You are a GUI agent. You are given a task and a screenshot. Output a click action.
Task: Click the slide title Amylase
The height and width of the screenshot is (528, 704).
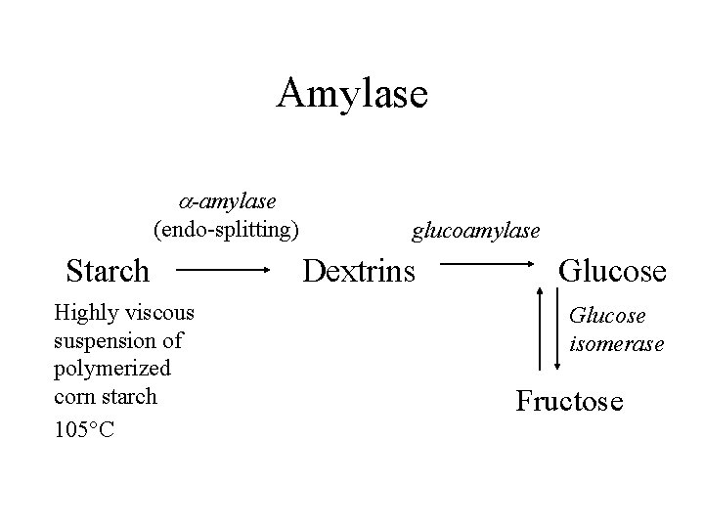click(352, 94)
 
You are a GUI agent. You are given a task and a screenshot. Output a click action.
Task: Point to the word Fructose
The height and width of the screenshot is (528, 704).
click(569, 400)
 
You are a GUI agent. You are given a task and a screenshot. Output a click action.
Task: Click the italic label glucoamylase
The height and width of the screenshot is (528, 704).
click(475, 231)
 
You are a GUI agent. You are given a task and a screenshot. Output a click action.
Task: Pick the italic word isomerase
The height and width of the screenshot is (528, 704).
click(617, 343)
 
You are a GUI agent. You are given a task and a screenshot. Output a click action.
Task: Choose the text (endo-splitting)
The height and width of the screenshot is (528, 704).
click(226, 230)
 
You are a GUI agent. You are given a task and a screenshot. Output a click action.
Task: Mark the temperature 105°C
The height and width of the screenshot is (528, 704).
click(84, 430)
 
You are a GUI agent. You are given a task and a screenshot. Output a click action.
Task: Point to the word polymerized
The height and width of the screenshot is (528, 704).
click(112, 369)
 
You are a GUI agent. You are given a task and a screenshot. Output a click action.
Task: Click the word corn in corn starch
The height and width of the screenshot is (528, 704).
click(74, 397)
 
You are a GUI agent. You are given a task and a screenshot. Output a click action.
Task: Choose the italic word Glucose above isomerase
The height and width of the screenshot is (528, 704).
click(607, 316)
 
